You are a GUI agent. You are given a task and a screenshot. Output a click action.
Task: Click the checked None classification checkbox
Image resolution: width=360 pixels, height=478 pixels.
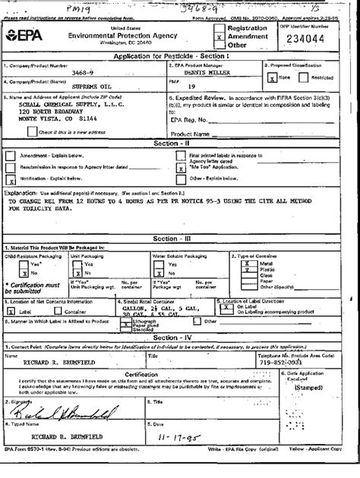pos(269,77)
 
